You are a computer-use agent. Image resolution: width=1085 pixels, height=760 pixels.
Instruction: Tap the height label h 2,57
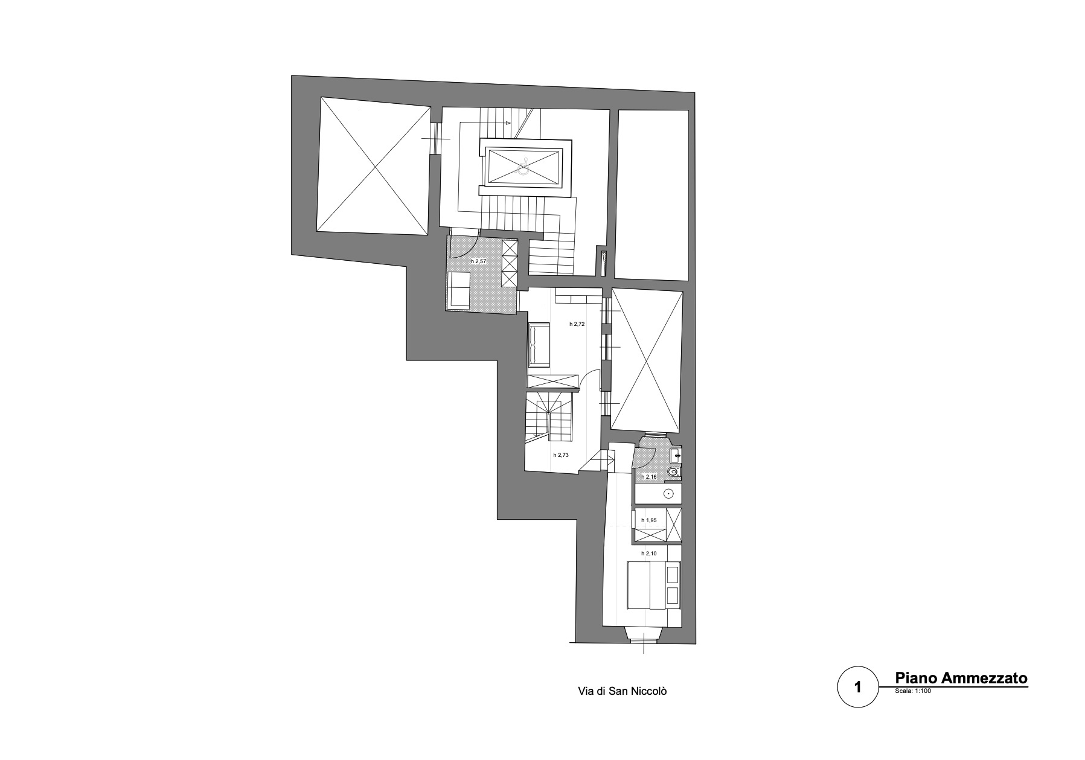pyautogui.click(x=478, y=261)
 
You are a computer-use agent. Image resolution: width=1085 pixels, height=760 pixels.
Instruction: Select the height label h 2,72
pyautogui.click(x=577, y=324)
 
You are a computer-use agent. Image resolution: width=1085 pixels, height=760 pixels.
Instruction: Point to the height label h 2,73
pyautogui.click(x=561, y=455)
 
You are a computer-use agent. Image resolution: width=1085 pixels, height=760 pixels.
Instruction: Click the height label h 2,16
pyautogui.click(x=649, y=477)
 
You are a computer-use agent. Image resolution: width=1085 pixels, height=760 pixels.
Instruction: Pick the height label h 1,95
pyautogui.click(x=649, y=520)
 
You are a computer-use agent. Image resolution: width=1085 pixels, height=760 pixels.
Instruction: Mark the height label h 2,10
pyautogui.click(x=649, y=553)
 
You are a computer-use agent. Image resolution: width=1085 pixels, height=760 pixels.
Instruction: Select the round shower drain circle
pyautogui.click(x=668, y=494)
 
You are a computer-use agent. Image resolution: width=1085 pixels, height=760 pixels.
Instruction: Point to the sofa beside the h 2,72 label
pyautogui.click(x=539, y=345)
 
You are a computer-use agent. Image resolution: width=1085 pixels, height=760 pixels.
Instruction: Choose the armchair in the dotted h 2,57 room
pyautogui.click(x=459, y=289)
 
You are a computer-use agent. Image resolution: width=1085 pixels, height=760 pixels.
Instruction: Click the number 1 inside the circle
pyautogui.click(x=858, y=687)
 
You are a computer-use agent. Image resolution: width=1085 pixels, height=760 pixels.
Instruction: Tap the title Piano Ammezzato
pyautogui.click(x=961, y=678)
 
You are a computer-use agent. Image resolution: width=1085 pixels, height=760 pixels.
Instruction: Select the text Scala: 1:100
pyautogui.click(x=914, y=692)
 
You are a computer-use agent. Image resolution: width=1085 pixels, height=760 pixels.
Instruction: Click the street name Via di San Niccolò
pyautogui.click(x=622, y=691)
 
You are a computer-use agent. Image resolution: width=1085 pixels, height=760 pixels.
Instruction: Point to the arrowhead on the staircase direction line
pyautogui.click(x=508, y=123)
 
